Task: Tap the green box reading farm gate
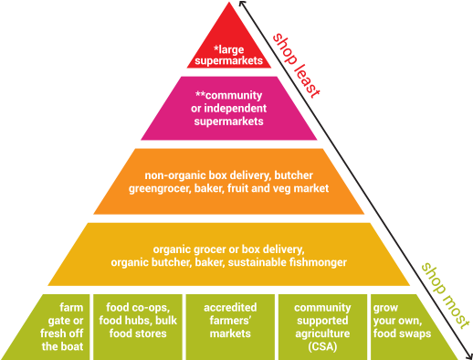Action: point(70,326)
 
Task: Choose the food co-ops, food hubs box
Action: point(142,326)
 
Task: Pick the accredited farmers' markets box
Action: point(229,326)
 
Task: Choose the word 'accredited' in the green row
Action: point(230,308)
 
